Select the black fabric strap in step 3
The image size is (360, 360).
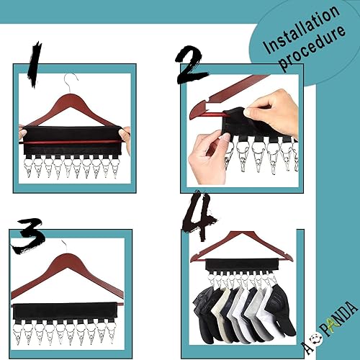point(68,297)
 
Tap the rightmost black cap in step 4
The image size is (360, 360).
point(279,310)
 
